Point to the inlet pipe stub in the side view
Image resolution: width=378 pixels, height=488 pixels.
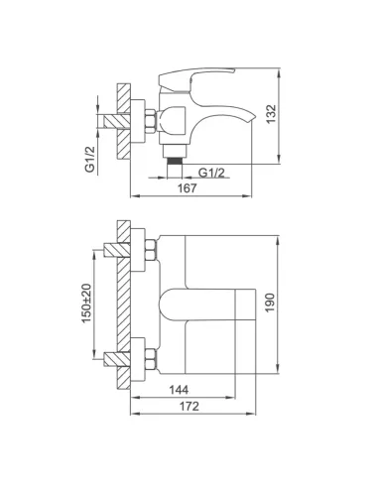107,121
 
